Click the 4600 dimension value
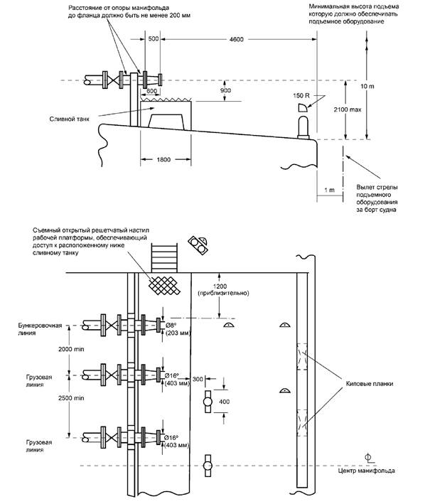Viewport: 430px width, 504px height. (x=236, y=39)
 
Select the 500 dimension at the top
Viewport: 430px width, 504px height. (x=154, y=39)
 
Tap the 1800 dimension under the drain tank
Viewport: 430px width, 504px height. (x=163, y=159)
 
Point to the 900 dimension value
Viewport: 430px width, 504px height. (x=225, y=90)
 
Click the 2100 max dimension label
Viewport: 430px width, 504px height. (x=347, y=109)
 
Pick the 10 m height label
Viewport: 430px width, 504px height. (x=367, y=87)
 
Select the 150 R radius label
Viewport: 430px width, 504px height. (x=301, y=95)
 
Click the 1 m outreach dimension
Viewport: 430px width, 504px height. (x=329, y=190)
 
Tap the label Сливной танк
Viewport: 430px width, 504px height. (x=70, y=119)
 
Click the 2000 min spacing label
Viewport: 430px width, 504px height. (x=71, y=349)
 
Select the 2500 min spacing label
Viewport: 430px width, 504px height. (x=71, y=398)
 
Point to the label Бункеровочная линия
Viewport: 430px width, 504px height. (x=40, y=329)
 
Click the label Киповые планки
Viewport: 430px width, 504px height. (x=370, y=384)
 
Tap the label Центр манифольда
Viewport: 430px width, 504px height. (x=366, y=471)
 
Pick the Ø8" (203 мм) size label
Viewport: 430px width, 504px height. (x=178, y=329)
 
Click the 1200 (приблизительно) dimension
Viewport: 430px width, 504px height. (x=224, y=289)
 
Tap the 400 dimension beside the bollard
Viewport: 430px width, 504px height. (x=224, y=402)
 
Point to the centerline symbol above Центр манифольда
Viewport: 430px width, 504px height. (x=369, y=458)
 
